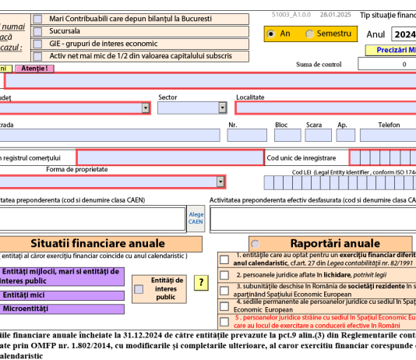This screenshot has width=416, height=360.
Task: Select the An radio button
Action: coord(271,34)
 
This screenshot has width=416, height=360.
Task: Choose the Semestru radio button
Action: coord(310,34)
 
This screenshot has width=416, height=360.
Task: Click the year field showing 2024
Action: coord(404,34)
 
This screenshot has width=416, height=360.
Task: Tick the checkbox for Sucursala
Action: coord(38,30)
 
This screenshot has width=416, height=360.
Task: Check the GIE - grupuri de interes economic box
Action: coord(38,43)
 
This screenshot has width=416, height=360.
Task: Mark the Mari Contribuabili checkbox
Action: coord(38,18)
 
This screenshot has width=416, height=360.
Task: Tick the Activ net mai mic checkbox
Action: coord(38,55)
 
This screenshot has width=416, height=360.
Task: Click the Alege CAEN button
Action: coord(196,218)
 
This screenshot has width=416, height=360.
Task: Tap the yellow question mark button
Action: coord(201,283)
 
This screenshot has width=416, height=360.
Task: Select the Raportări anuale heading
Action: coord(334,242)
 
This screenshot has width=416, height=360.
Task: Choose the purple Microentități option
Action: coord(62,309)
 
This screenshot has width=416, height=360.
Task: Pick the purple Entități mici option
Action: coord(62,295)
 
